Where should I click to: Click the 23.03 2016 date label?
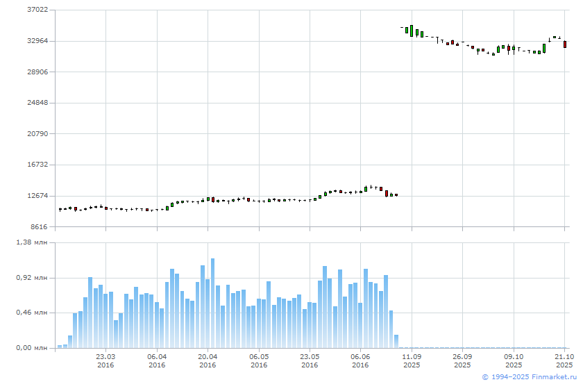coord(105,360)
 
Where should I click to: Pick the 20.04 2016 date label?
coord(208,360)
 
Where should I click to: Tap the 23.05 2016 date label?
coord(310,360)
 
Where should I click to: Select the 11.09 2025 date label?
coord(412,360)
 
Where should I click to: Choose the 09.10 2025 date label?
coord(514,360)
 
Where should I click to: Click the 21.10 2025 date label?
coord(564,360)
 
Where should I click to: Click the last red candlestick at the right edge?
coord(565,44)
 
